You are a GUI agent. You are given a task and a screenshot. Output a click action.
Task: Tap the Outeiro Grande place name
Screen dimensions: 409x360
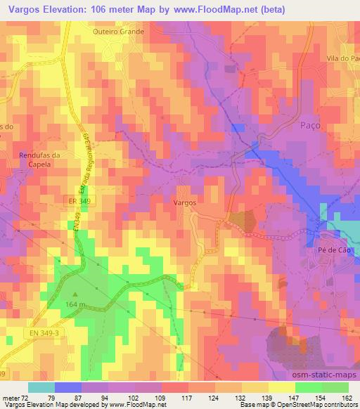click(119, 32)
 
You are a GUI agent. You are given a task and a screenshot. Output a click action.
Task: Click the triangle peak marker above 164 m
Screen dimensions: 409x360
click(75, 294)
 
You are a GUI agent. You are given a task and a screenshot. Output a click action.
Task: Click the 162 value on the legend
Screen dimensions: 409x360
click(347, 397)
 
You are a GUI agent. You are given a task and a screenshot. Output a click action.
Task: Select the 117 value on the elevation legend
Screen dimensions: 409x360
click(186, 397)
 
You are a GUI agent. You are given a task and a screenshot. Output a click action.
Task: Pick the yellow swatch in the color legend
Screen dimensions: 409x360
click(281, 387)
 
